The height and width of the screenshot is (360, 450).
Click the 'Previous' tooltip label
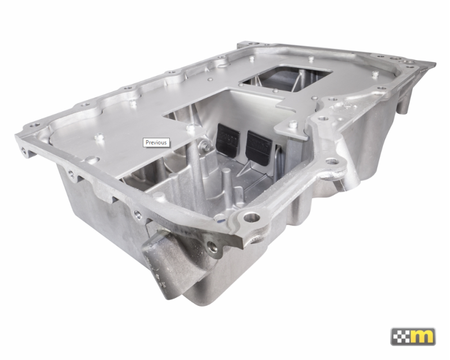click(156, 142)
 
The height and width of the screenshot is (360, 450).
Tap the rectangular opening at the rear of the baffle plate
click(284, 78)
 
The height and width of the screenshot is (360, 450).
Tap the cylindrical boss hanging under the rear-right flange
click(403, 104)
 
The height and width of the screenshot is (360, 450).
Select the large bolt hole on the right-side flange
click(335, 162)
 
